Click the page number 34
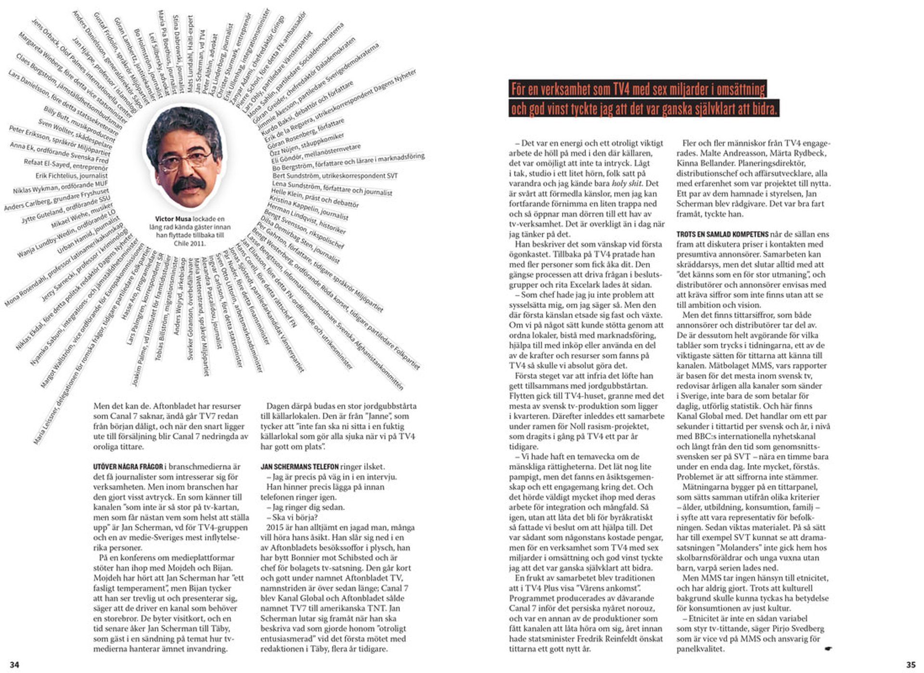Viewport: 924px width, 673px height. click(x=14, y=664)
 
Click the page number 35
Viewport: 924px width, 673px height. click(x=911, y=664)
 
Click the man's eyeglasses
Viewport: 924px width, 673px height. click(x=185, y=159)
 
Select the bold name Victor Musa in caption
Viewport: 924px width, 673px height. click(x=173, y=219)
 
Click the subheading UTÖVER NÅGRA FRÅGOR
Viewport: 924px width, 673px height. click(x=128, y=466)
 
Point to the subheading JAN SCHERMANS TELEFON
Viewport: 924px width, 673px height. click(x=299, y=466)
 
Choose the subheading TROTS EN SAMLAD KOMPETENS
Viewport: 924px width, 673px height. click(x=722, y=234)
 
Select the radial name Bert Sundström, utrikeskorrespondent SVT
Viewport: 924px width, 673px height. click(x=335, y=176)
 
